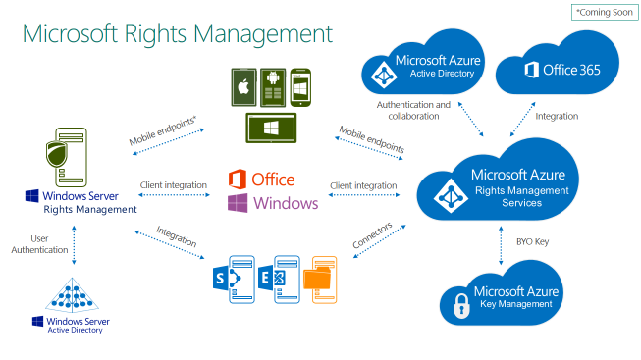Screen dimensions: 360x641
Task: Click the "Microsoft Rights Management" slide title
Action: tap(178, 33)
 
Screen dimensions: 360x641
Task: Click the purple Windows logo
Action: tap(238, 203)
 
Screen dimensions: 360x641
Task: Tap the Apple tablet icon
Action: tap(243, 89)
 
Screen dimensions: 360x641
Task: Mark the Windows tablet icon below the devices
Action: tap(272, 127)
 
